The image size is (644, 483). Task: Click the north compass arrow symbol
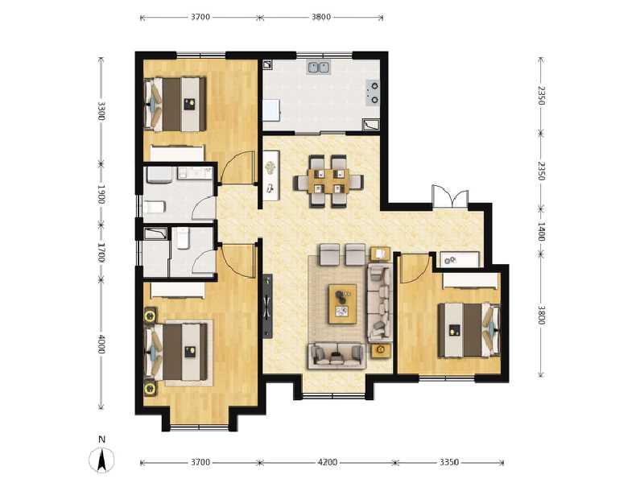tap(101, 460)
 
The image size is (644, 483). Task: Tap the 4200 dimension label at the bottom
tap(328, 463)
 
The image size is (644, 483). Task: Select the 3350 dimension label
tap(449, 463)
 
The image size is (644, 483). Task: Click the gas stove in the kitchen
tap(374, 92)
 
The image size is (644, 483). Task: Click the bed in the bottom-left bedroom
tap(175, 352)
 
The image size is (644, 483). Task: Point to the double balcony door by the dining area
tap(448, 196)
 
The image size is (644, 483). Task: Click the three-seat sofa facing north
tap(336, 355)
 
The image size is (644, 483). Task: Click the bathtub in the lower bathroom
tap(155, 234)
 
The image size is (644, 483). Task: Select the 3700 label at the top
tap(200, 16)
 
